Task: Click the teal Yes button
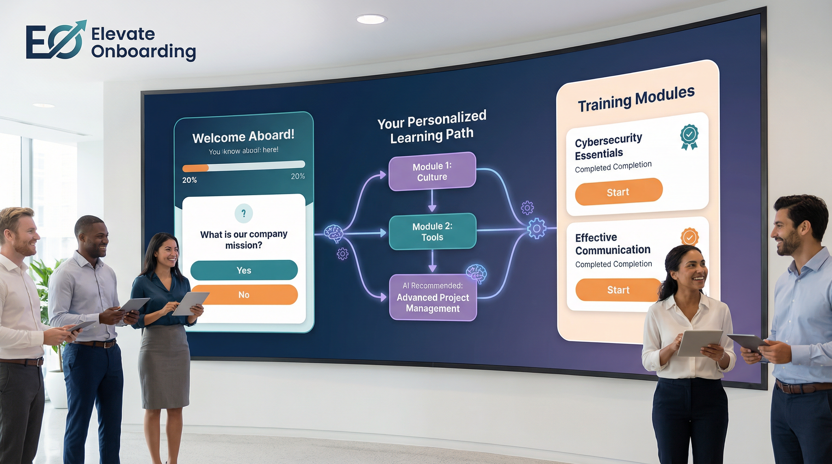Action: [x=244, y=270]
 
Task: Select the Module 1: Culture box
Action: [x=432, y=171]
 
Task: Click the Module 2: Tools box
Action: [x=432, y=231]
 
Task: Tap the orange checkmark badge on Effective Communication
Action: [x=690, y=237]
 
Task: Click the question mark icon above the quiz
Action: [x=244, y=213]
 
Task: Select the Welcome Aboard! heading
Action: [x=243, y=137]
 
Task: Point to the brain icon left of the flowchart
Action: [x=333, y=232]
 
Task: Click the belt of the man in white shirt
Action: [x=21, y=361]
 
